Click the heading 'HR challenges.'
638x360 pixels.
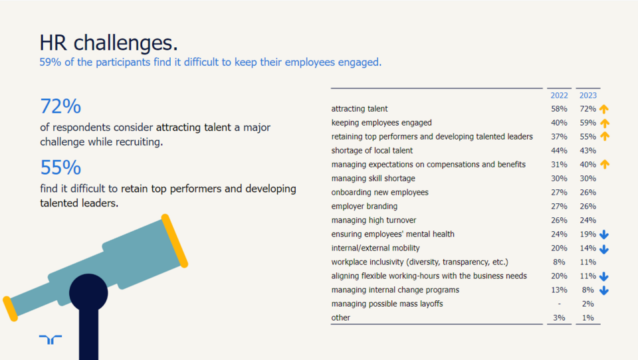click(109, 43)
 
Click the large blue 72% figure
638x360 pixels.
click(60, 106)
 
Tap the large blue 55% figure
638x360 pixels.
click(60, 167)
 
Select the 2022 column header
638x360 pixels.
click(559, 96)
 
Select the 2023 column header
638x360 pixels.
click(588, 96)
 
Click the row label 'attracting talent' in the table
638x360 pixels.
click(360, 108)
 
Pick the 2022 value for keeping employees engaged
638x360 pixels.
click(559, 122)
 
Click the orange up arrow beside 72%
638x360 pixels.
click(604, 109)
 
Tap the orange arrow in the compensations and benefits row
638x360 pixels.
click(604, 165)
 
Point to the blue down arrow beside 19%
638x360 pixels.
click(604, 234)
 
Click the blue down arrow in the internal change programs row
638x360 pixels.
click(604, 290)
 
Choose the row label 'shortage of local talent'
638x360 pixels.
click(372, 151)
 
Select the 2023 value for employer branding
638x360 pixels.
click(587, 207)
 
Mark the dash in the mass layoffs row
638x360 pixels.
click(559, 304)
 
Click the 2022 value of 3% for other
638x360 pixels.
click(559, 318)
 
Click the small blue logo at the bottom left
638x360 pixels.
click(51, 339)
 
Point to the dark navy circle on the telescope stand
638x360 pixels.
click(88, 292)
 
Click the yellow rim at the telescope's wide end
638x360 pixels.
click(174, 240)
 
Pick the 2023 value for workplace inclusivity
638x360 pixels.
click(587, 262)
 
